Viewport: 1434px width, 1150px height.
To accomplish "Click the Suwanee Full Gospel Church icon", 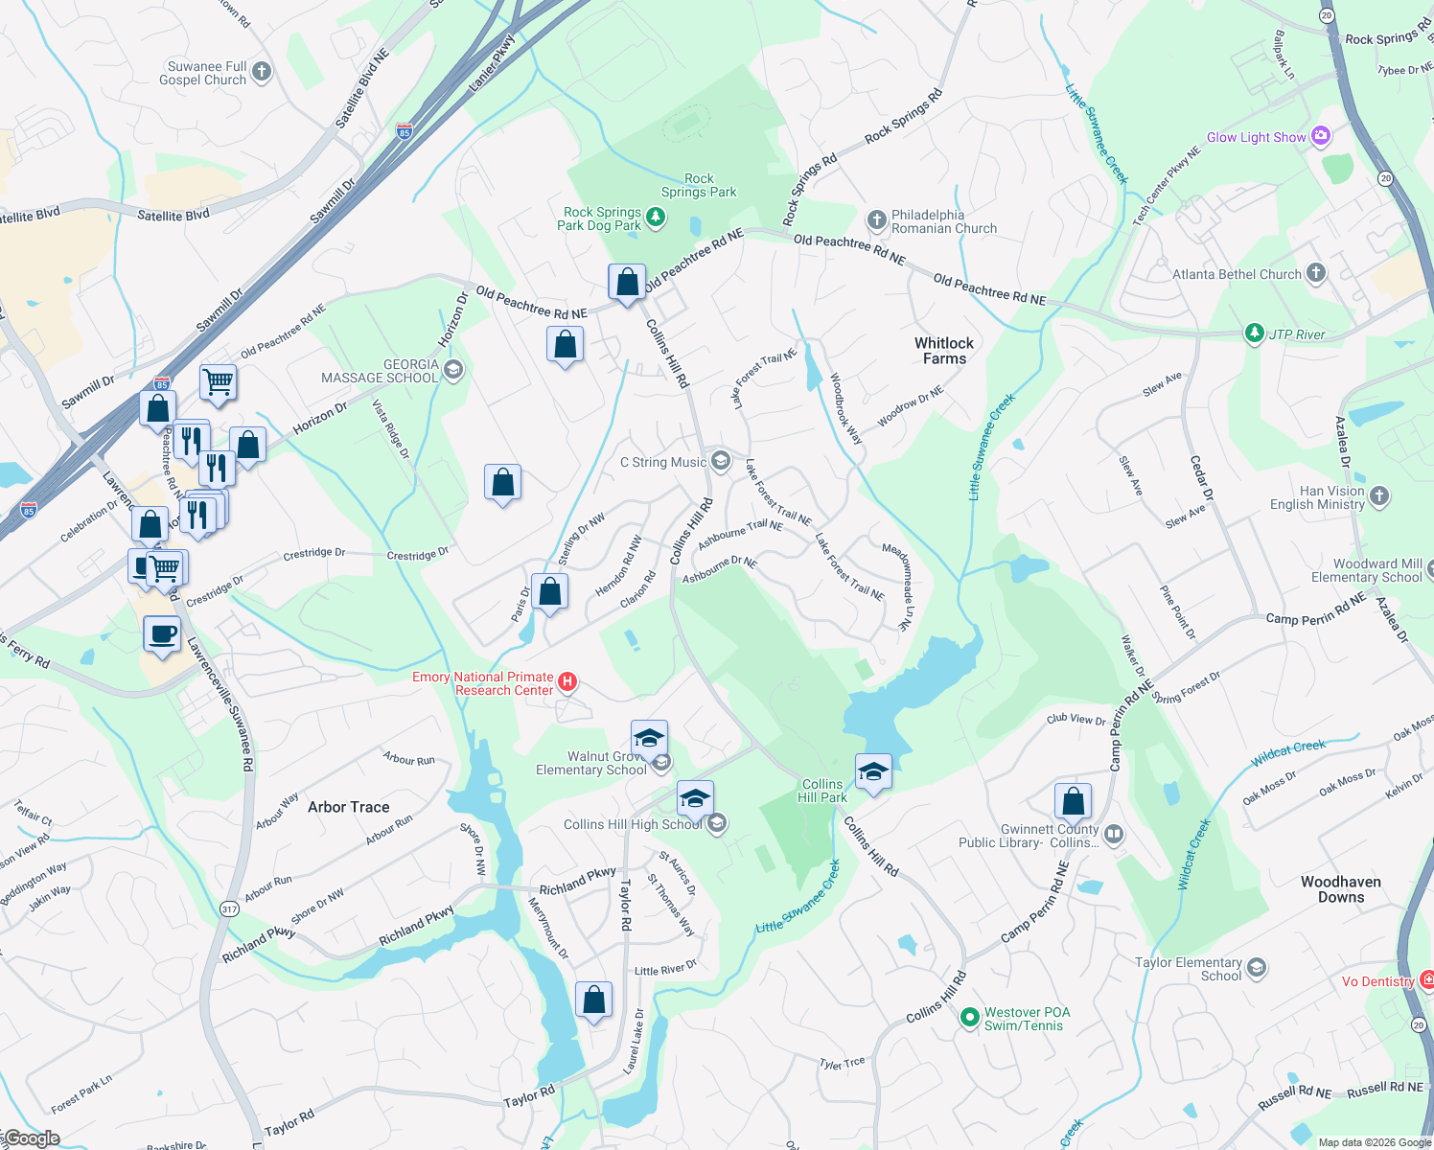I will [261, 72].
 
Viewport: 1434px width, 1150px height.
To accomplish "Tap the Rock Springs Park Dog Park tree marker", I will [656, 218].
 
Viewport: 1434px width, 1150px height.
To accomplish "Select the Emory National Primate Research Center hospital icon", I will [567, 682].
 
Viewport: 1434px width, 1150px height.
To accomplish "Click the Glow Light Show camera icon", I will [1321, 136].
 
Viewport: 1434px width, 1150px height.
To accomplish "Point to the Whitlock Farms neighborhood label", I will [943, 351].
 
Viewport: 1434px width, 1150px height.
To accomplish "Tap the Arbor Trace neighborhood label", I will [348, 807].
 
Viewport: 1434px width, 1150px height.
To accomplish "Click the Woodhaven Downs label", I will [1340, 889].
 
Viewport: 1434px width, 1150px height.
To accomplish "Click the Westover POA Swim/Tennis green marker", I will [969, 1017].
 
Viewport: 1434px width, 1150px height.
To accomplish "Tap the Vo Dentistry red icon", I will [1426, 979].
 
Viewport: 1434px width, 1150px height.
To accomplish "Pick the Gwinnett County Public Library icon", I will [1113, 834].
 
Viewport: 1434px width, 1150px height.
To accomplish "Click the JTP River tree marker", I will [1254, 333].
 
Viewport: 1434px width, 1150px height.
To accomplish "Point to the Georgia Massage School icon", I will [453, 369].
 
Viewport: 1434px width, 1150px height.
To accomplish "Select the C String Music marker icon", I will [720, 461].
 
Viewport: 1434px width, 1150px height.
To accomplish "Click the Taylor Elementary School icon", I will [1257, 968].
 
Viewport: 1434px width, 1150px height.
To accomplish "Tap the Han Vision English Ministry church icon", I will [1379, 495].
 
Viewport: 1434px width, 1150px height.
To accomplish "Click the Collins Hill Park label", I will [822, 791].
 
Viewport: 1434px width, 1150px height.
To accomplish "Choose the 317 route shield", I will [229, 908].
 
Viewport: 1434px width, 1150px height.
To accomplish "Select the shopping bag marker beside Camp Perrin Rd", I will [1074, 801].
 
